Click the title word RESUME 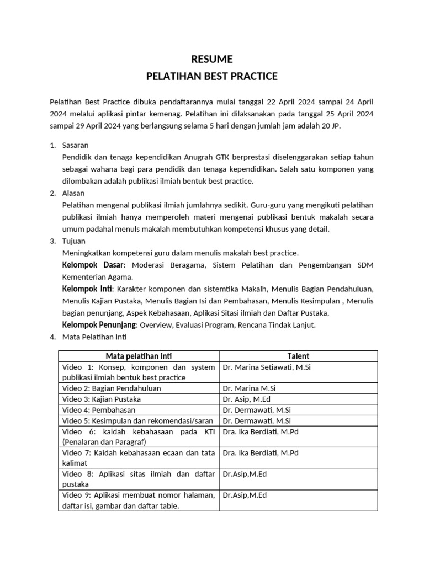[211, 59]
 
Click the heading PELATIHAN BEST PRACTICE [211, 76]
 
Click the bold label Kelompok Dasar [93, 265]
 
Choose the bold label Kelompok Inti [87, 289]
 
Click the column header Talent [298, 356]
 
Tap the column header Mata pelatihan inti [139, 356]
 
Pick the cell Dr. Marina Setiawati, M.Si [267, 367]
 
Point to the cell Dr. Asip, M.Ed [246, 399]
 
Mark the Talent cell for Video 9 [245, 495]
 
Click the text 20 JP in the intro [338, 125]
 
